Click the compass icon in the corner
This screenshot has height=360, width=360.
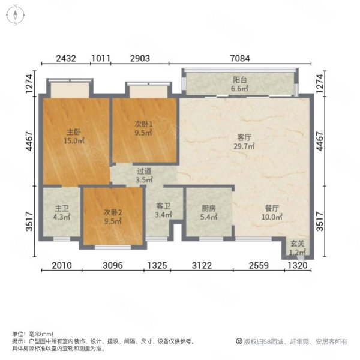pos(16,14)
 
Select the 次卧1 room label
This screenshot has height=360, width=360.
pos(143,124)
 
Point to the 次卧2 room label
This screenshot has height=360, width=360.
pos(113,212)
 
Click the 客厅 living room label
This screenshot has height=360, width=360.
pos(244,137)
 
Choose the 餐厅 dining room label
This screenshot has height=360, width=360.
pos(272,208)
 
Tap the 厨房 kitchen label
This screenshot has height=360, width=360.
pos(209,208)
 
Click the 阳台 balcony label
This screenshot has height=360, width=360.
pos(239,80)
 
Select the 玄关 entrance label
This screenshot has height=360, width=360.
pos(297,244)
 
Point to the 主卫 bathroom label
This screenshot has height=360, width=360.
pos(62,208)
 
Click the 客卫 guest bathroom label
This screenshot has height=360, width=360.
pos(163,206)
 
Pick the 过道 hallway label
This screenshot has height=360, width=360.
pos(144,171)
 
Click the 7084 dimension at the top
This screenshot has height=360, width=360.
pos(240,58)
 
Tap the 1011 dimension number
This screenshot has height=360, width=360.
pos(101,58)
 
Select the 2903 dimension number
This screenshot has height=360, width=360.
pos(140,58)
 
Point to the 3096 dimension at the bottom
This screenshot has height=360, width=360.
pos(113,265)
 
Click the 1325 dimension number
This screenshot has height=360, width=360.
pos(157,265)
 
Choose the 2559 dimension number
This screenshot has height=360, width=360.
pos(259,265)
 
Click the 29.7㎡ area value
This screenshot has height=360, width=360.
pos(244,146)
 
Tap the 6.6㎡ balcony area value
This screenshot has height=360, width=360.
pos(239,88)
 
